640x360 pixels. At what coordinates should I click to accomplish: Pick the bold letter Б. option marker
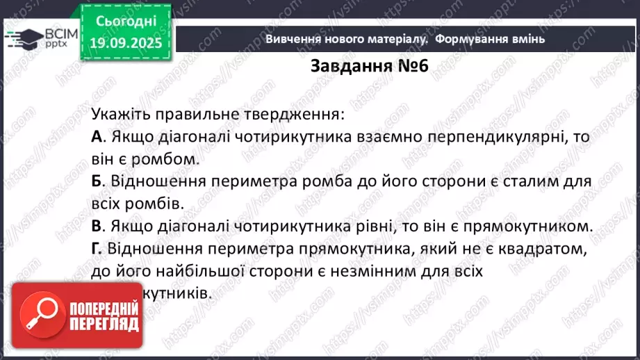(x=98, y=181)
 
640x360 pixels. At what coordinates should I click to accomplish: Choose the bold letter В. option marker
(x=98, y=226)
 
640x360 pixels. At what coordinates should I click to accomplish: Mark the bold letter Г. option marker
(x=97, y=248)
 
